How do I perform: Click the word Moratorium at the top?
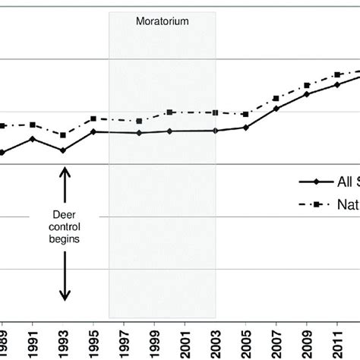[x=163, y=21]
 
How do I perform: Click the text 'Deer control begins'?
[x=65, y=226]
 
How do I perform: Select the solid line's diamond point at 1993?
[x=63, y=150]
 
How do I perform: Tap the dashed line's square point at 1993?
[x=63, y=135]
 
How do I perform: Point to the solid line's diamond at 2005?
[x=245, y=128]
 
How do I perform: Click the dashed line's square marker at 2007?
[x=276, y=99]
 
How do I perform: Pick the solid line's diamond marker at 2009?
[x=307, y=94]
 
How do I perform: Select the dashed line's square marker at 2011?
[x=337, y=75]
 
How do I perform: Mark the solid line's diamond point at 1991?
[x=33, y=139]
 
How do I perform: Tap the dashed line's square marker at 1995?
[x=93, y=118]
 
